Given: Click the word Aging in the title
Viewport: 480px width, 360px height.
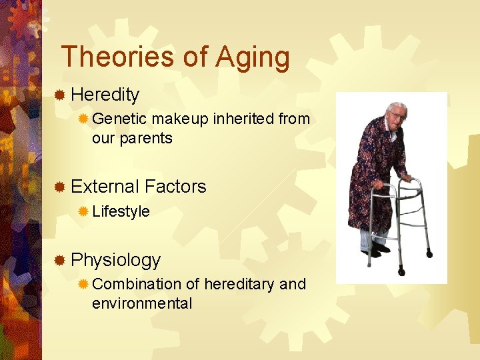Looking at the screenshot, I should pos(253,58).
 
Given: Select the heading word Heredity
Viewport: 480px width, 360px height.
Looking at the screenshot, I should pos(105,95).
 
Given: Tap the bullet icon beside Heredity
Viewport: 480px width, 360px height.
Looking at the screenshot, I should pos(60,95).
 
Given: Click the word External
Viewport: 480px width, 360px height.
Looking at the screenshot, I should pos(105,187).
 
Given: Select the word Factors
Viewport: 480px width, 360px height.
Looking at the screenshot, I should pos(175,187).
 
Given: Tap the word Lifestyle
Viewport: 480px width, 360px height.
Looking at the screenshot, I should pos(121,211).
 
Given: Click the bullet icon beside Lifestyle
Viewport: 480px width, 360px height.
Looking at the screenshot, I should pos(83,211).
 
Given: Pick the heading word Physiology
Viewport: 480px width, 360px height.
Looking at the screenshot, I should pos(115,260).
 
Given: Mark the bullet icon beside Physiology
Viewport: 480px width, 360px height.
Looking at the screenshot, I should pos(60,260).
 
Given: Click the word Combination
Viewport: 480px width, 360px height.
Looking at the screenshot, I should pos(137,284).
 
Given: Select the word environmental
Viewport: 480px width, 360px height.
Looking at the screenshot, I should pos(142,303).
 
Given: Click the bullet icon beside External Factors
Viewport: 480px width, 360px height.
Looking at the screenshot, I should pos(60,187).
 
